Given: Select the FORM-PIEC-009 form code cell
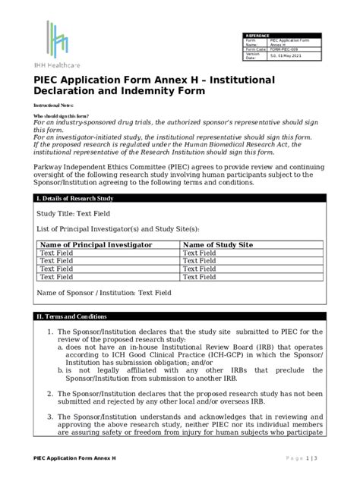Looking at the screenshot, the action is click(299, 49).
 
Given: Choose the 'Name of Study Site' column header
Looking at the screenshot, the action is click(219, 244).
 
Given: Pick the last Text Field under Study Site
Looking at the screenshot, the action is click(201, 277).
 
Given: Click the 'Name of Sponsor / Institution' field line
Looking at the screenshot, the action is click(104, 292).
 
